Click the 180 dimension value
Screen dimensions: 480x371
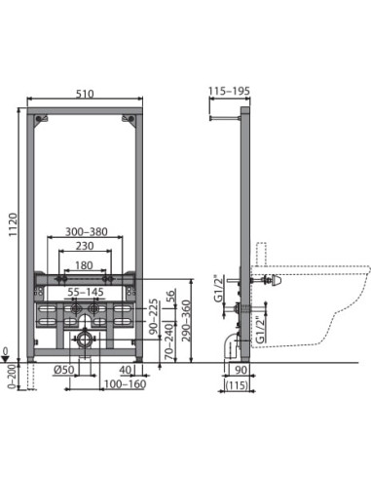[87, 266]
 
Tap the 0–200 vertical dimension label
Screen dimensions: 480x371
[10, 375]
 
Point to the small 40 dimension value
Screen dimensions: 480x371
[128, 371]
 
